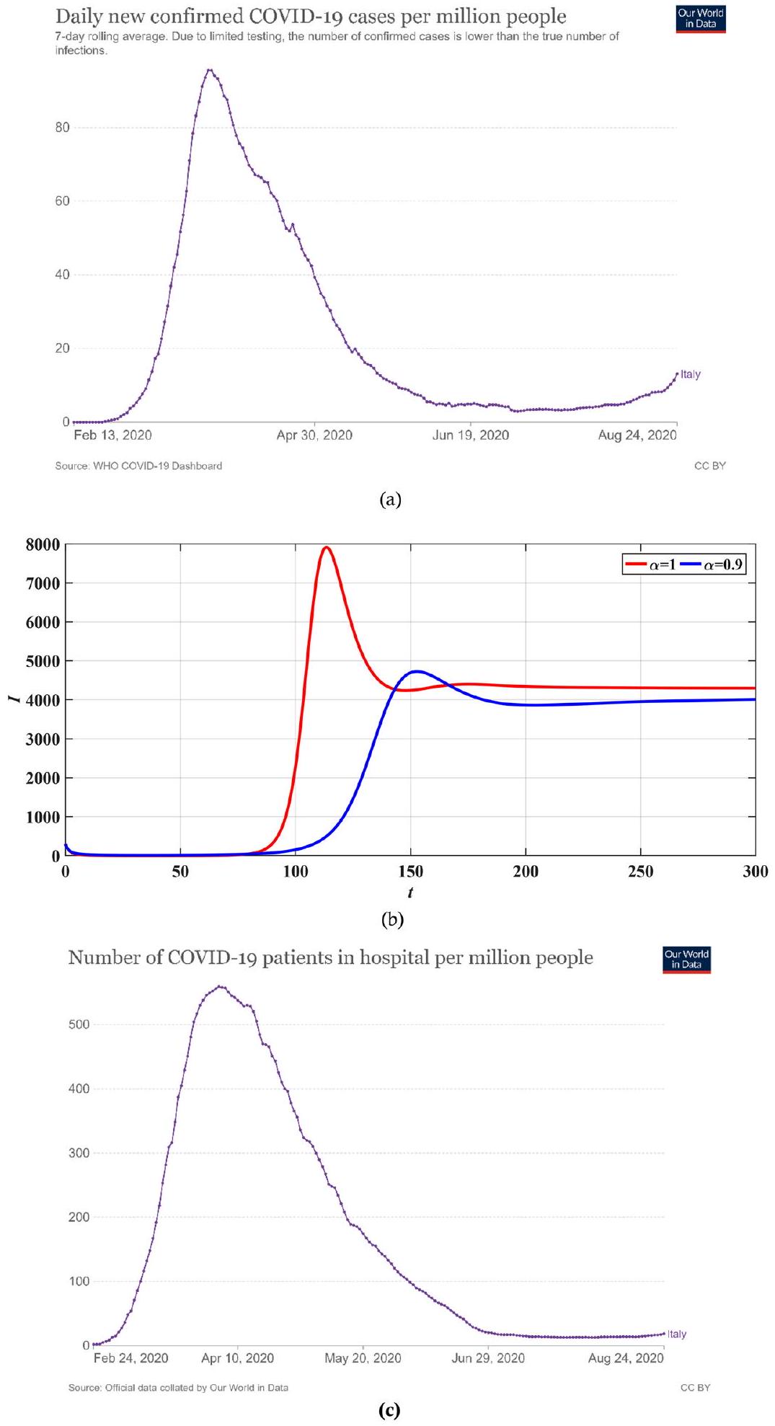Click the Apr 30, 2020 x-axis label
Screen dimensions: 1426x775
314,435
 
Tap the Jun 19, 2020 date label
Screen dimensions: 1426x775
470,435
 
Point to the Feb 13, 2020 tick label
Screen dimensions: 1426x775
112,435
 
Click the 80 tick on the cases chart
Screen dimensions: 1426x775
63,128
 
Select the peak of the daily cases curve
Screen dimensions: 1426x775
209,70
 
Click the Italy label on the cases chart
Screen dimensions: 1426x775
691,374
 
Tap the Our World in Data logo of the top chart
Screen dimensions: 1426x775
700,19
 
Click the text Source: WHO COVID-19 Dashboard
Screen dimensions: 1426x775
138,466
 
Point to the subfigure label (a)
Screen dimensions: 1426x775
389,500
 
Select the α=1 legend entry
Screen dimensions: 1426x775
651,564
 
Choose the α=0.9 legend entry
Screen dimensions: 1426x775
712,564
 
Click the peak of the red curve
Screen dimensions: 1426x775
326,547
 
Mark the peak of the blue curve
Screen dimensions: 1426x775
416,671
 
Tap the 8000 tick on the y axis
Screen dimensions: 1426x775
43,545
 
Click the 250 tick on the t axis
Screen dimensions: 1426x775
640,872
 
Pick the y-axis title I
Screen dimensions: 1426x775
13,699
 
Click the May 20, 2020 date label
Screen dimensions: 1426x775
363,1358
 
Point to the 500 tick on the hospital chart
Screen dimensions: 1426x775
79,1024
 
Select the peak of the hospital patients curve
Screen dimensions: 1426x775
220,986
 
